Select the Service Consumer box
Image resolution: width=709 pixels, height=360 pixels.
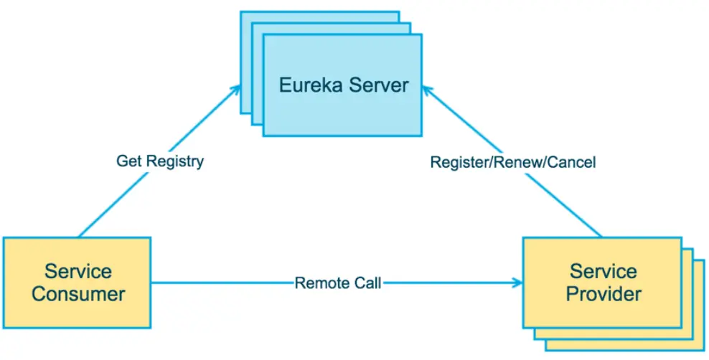click(78, 282)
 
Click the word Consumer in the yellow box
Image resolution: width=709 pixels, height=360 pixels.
click(78, 294)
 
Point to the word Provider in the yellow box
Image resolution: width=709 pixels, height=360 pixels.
click(604, 294)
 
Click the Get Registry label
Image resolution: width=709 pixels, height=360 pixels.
click(159, 161)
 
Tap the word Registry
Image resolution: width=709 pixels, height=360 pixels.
click(174, 161)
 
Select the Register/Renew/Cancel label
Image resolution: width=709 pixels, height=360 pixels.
click(513, 163)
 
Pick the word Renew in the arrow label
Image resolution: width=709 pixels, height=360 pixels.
click(520, 163)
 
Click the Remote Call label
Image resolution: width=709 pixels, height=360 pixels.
click(337, 283)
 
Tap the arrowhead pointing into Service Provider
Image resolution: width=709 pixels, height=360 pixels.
click(518, 283)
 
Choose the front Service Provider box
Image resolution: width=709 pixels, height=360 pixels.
click(604, 282)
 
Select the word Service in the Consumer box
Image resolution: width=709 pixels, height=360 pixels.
click(78, 272)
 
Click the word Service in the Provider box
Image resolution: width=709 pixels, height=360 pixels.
click(604, 272)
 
